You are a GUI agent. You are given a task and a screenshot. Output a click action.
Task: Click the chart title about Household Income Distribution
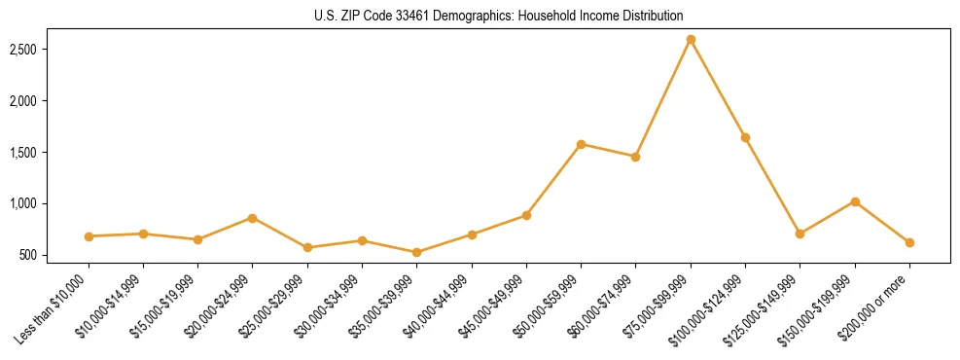[499, 17]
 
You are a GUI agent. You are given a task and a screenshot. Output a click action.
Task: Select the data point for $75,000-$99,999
[691, 39]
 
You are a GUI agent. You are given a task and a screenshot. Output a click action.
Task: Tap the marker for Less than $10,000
[89, 236]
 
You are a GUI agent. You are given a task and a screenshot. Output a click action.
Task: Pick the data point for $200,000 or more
[909, 242]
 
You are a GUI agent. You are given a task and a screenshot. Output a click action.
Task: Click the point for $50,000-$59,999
[581, 144]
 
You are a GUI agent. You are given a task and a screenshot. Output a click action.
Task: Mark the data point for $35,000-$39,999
[416, 252]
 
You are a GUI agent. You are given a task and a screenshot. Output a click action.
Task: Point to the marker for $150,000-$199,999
[855, 201]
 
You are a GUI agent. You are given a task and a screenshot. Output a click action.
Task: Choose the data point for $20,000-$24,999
[253, 218]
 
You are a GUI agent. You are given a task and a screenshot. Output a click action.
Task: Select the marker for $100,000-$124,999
[745, 137]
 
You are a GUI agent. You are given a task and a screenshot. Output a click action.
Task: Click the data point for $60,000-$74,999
[635, 157]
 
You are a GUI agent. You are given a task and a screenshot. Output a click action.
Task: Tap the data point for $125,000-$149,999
[800, 234]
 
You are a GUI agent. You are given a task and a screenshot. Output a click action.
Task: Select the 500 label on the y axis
[43, 255]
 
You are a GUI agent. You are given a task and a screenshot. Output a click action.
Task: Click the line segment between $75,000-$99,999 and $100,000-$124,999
[718, 89]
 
